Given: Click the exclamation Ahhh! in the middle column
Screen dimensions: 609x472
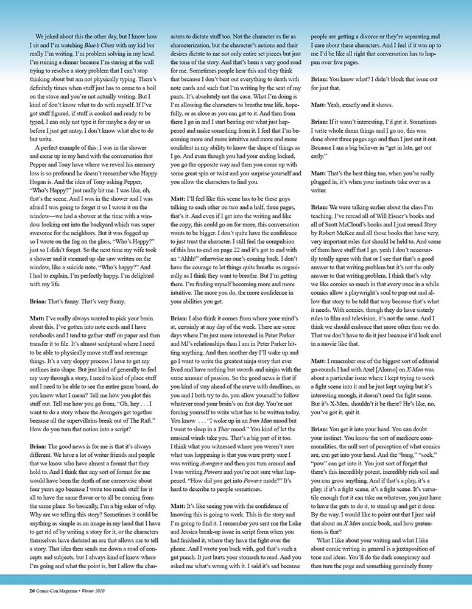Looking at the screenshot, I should [x=185, y=259].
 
